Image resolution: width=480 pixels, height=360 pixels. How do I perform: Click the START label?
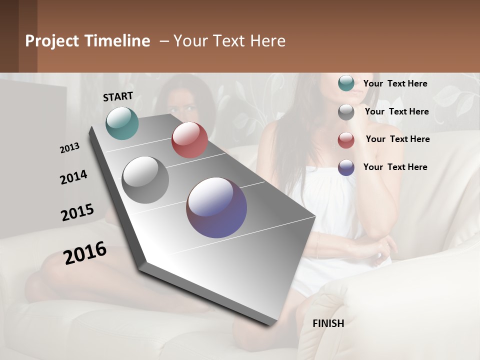coord(118,96)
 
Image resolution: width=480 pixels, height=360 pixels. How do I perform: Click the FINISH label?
coord(328,323)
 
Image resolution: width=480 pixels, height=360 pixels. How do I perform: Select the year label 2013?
coord(69,147)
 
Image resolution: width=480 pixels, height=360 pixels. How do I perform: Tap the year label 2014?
coord(73,177)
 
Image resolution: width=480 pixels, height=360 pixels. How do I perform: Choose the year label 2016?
coord(85,252)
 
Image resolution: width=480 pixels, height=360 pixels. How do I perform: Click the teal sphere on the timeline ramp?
coord(122,123)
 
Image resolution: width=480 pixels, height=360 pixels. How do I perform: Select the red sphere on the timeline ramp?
coord(189,140)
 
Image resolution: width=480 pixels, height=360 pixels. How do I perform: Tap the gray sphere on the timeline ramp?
coord(145,180)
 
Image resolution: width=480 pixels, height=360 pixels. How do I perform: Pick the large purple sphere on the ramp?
coord(216,207)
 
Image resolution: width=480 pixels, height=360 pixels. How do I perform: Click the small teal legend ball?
coord(346,83)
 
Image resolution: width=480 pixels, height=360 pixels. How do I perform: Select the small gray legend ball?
coord(346,112)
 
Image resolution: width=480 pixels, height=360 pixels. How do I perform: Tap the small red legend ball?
coord(346,140)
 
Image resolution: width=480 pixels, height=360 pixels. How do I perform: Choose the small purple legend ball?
coord(346,167)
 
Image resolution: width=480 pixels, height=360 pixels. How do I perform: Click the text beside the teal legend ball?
coord(395,83)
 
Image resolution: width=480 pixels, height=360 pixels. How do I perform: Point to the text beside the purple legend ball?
coord(395,167)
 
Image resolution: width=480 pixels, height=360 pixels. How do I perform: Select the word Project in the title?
coord(51,41)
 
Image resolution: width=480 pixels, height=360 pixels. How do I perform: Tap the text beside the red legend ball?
coord(397,139)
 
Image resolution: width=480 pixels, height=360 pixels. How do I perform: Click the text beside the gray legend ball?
coord(396,111)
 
